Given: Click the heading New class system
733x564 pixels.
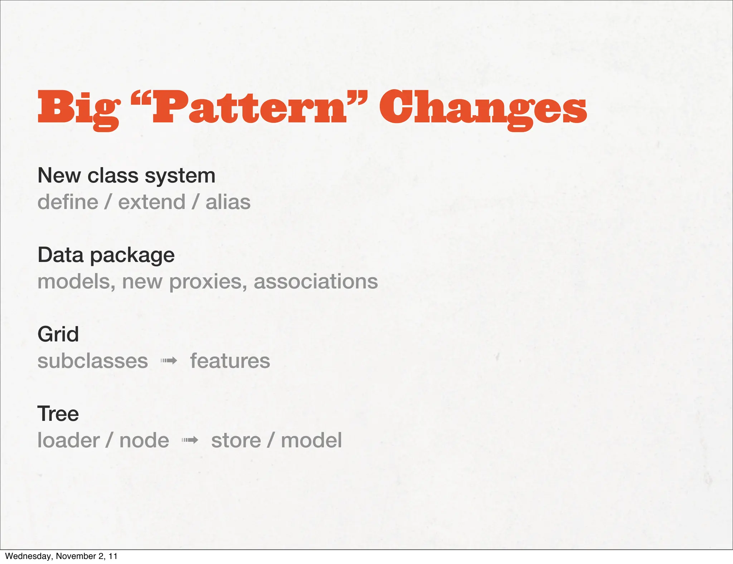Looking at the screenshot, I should click(x=126, y=175).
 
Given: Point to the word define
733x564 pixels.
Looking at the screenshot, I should click(x=68, y=202).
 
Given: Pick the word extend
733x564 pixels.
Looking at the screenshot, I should click(x=152, y=202).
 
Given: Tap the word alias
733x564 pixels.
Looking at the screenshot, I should click(x=228, y=202).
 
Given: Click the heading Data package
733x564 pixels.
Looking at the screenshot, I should click(x=106, y=255).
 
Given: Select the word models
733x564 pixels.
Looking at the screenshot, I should click(x=76, y=282).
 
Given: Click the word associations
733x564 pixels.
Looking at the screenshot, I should click(x=316, y=282).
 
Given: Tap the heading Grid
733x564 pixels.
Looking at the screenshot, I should click(x=58, y=334).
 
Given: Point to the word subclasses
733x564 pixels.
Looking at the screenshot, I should click(x=93, y=361).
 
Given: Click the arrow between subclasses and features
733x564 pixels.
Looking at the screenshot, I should click(x=169, y=361).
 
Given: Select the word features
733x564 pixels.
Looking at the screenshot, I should click(x=230, y=361).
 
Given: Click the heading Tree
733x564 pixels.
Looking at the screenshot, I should click(x=58, y=414).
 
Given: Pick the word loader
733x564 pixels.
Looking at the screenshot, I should click(x=68, y=440).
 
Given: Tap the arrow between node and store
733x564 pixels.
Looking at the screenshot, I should click(x=190, y=440).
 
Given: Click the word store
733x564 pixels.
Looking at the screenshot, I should click(x=236, y=440).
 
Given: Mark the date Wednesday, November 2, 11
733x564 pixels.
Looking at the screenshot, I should click(x=61, y=556).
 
